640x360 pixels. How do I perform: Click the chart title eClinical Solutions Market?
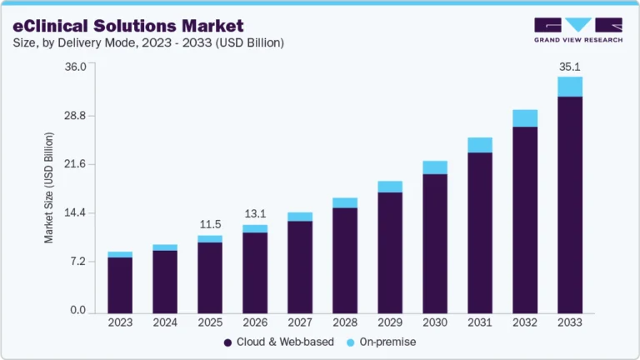(x=128, y=26)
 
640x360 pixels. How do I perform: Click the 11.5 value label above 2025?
(x=210, y=224)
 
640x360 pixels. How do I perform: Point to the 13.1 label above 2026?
(x=255, y=214)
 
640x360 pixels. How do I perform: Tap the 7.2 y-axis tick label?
(x=78, y=262)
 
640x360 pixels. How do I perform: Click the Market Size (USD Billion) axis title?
(x=49, y=188)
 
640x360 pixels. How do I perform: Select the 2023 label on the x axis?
(x=120, y=322)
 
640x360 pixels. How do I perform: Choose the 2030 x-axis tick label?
(x=435, y=322)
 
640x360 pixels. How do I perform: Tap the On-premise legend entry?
(x=384, y=342)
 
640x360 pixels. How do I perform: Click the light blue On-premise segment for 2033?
(x=570, y=87)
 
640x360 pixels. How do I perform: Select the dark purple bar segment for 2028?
(x=345, y=259)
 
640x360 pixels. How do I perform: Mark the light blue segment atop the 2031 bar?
(x=480, y=145)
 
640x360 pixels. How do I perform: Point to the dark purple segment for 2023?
(x=120, y=284)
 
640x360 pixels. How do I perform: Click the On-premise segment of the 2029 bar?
(x=390, y=187)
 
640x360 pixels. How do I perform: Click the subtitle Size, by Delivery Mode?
(x=149, y=42)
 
